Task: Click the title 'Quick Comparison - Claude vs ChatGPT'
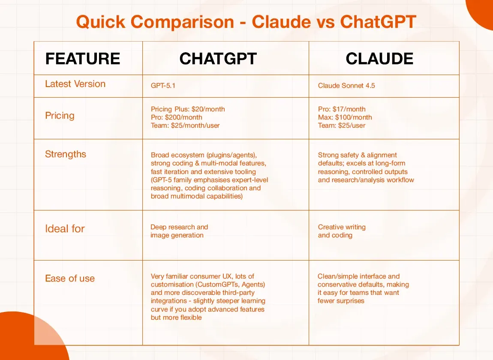pos(246,22)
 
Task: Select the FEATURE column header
pos(83,59)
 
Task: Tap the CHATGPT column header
pos(218,59)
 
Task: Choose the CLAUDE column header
pos(379,59)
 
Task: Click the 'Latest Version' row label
pos(75,84)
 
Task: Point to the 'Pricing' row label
pos(60,116)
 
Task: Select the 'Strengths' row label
pos(66,154)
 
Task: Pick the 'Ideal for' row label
pos(65,229)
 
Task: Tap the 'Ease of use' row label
pos(70,279)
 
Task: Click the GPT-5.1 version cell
pos(163,86)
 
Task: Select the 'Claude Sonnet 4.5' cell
pos(346,86)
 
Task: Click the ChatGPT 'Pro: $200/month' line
pos(176,117)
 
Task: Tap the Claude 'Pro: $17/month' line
pos(342,109)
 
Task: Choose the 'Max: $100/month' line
pos(345,117)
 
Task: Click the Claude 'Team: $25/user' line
pos(342,126)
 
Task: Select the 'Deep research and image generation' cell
pos(179,231)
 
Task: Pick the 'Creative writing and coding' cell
pos(342,231)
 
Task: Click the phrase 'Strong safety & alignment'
pos(357,155)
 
